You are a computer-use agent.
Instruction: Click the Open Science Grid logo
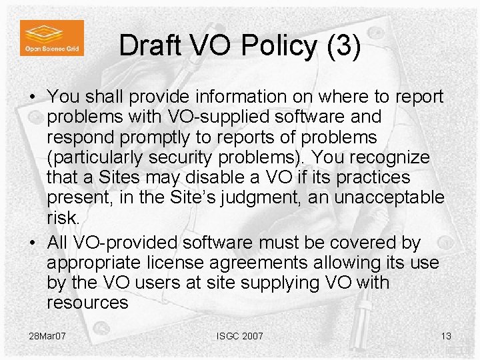52,38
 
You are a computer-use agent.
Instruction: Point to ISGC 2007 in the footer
239,336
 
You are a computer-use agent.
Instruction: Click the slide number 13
446,336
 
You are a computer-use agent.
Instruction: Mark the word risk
63,218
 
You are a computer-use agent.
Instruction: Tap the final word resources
87,303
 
